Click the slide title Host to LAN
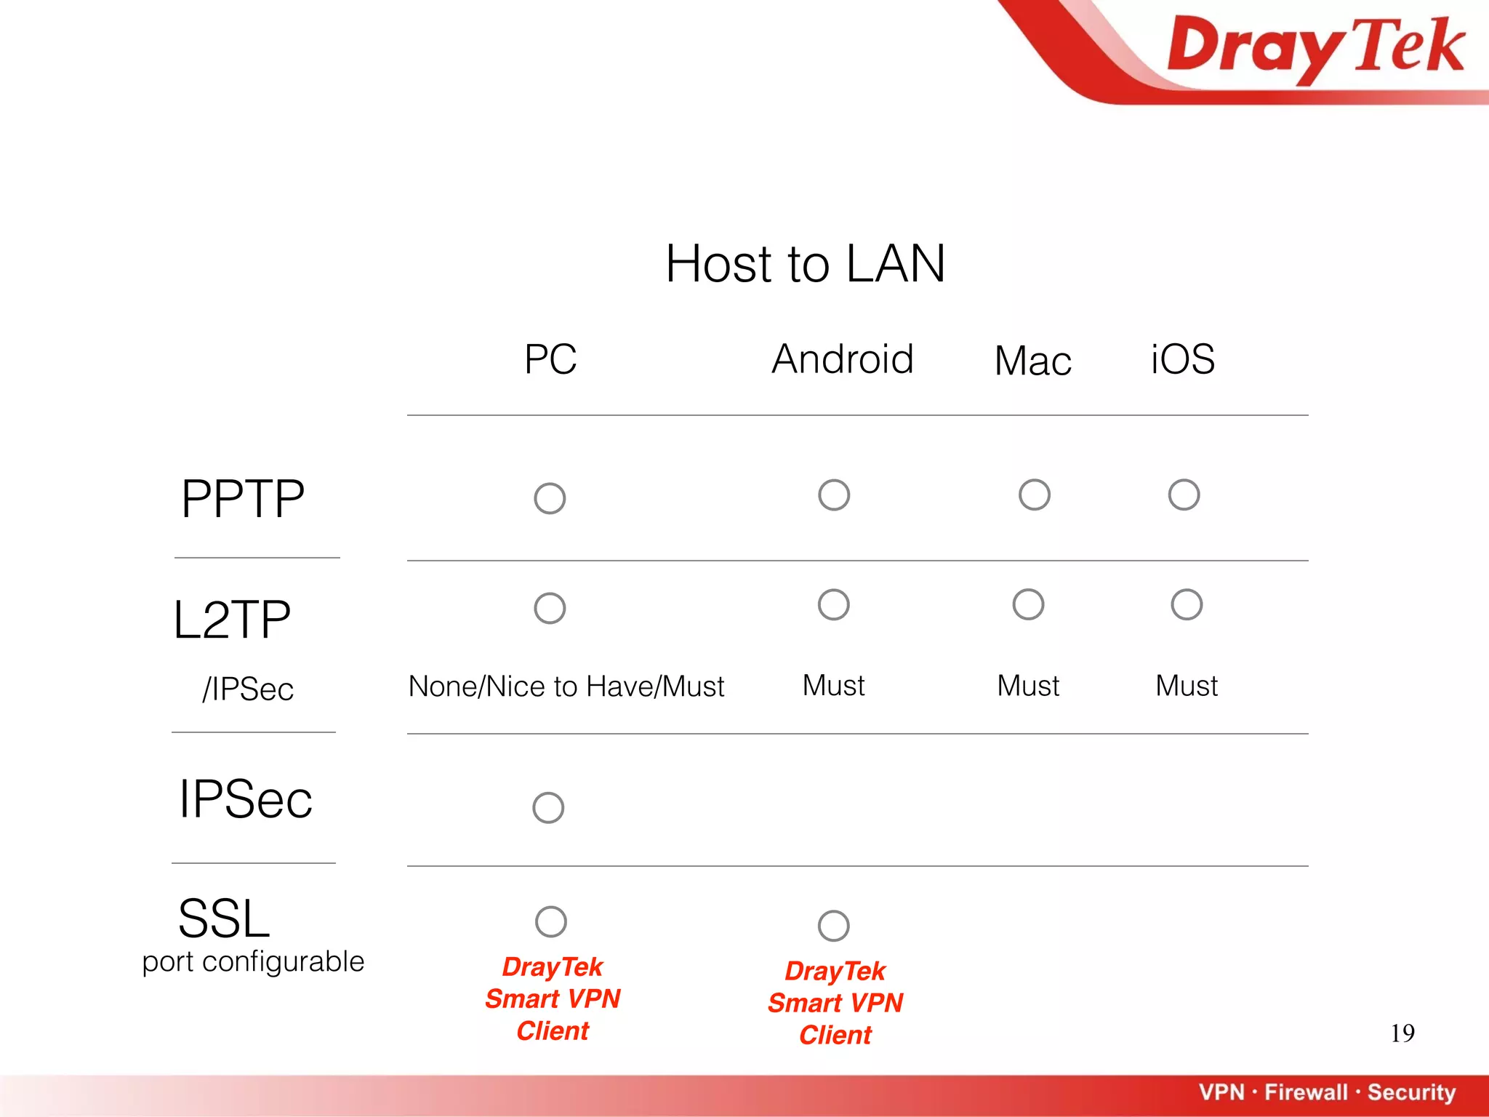click(805, 263)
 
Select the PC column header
click(550, 359)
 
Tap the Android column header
click(842, 359)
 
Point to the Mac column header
click(1032, 361)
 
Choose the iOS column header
click(1182, 359)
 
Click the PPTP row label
click(243, 499)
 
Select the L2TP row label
click(232, 620)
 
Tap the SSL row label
click(224, 918)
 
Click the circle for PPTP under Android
click(833, 495)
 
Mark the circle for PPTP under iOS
click(1184, 495)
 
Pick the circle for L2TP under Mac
click(1028, 604)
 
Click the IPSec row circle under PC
click(548, 808)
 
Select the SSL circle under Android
click(833, 926)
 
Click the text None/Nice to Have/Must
click(566, 686)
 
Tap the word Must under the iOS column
click(1187, 686)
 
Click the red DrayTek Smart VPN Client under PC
click(553, 998)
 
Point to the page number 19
click(1402, 1033)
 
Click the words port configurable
click(253, 962)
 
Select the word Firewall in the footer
click(1306, 1092)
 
